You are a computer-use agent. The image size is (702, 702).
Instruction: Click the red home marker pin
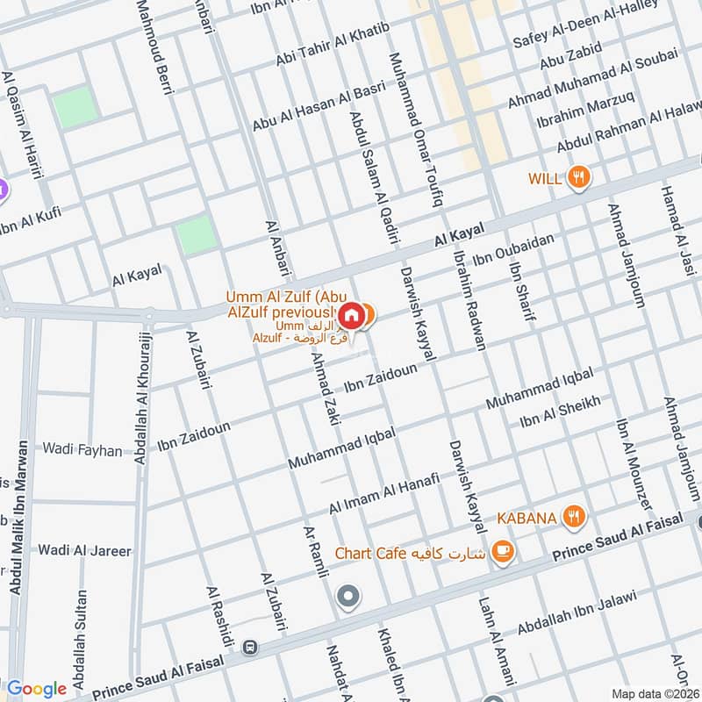351,314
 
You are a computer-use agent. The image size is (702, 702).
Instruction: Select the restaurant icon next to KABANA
575,517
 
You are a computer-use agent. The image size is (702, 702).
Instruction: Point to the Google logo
37,689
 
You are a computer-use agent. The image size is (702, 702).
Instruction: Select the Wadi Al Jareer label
84,551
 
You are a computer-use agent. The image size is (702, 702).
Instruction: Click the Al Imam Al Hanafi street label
383,497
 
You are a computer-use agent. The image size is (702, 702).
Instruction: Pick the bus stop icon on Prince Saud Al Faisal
251,647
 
